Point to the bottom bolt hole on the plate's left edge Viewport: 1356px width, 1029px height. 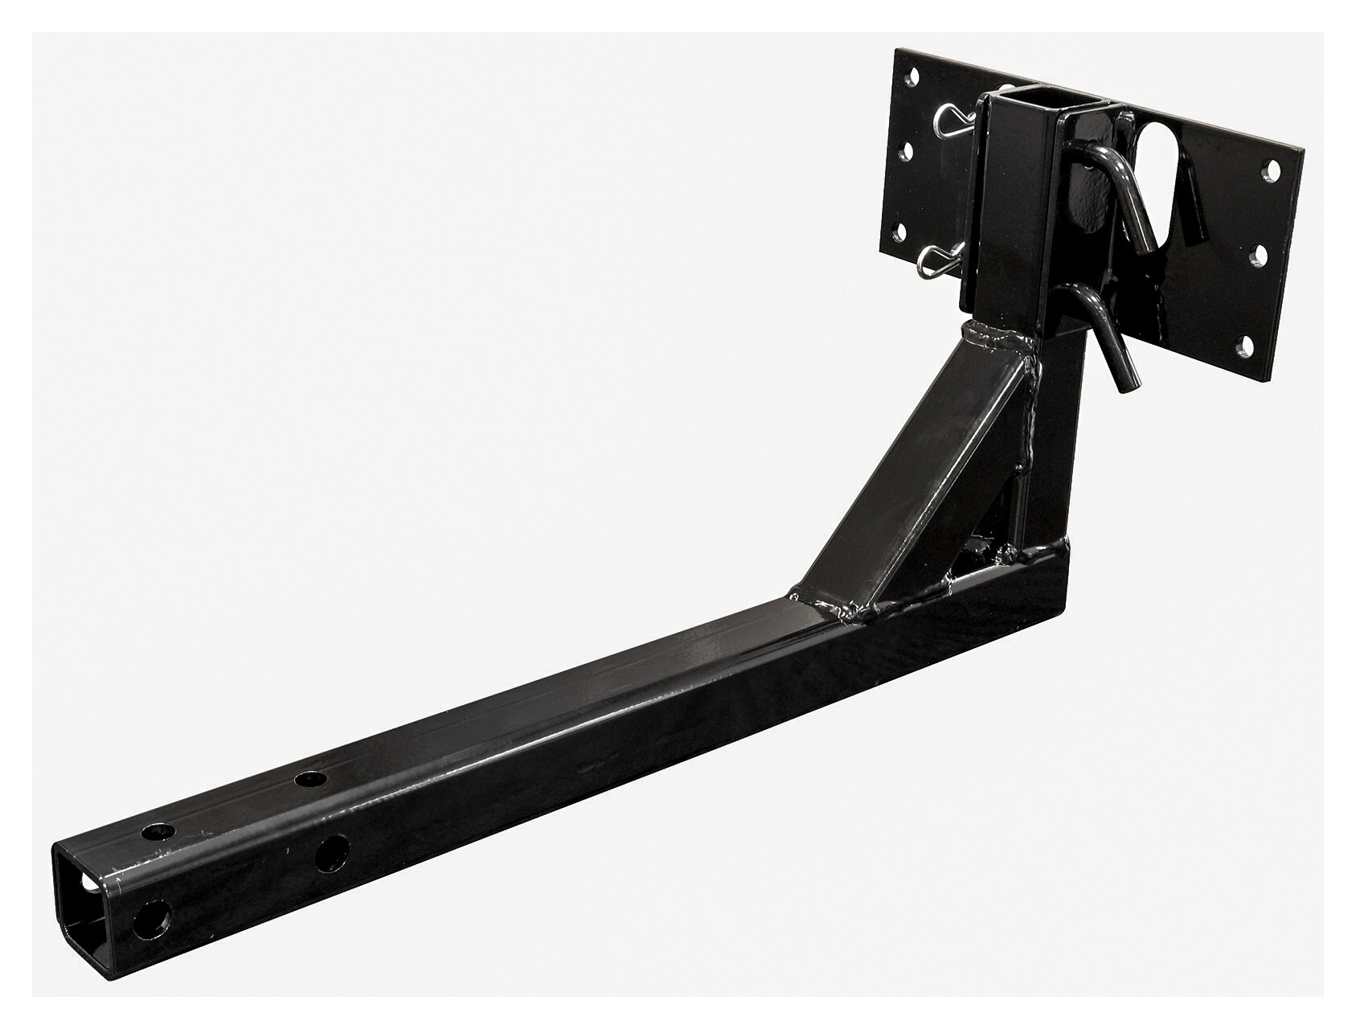pos(904,233)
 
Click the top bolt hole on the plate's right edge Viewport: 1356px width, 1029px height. pos(1271,170)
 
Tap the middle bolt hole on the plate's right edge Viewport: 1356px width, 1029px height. pos(1259,256)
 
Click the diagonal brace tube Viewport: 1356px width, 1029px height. pos(908,474)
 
